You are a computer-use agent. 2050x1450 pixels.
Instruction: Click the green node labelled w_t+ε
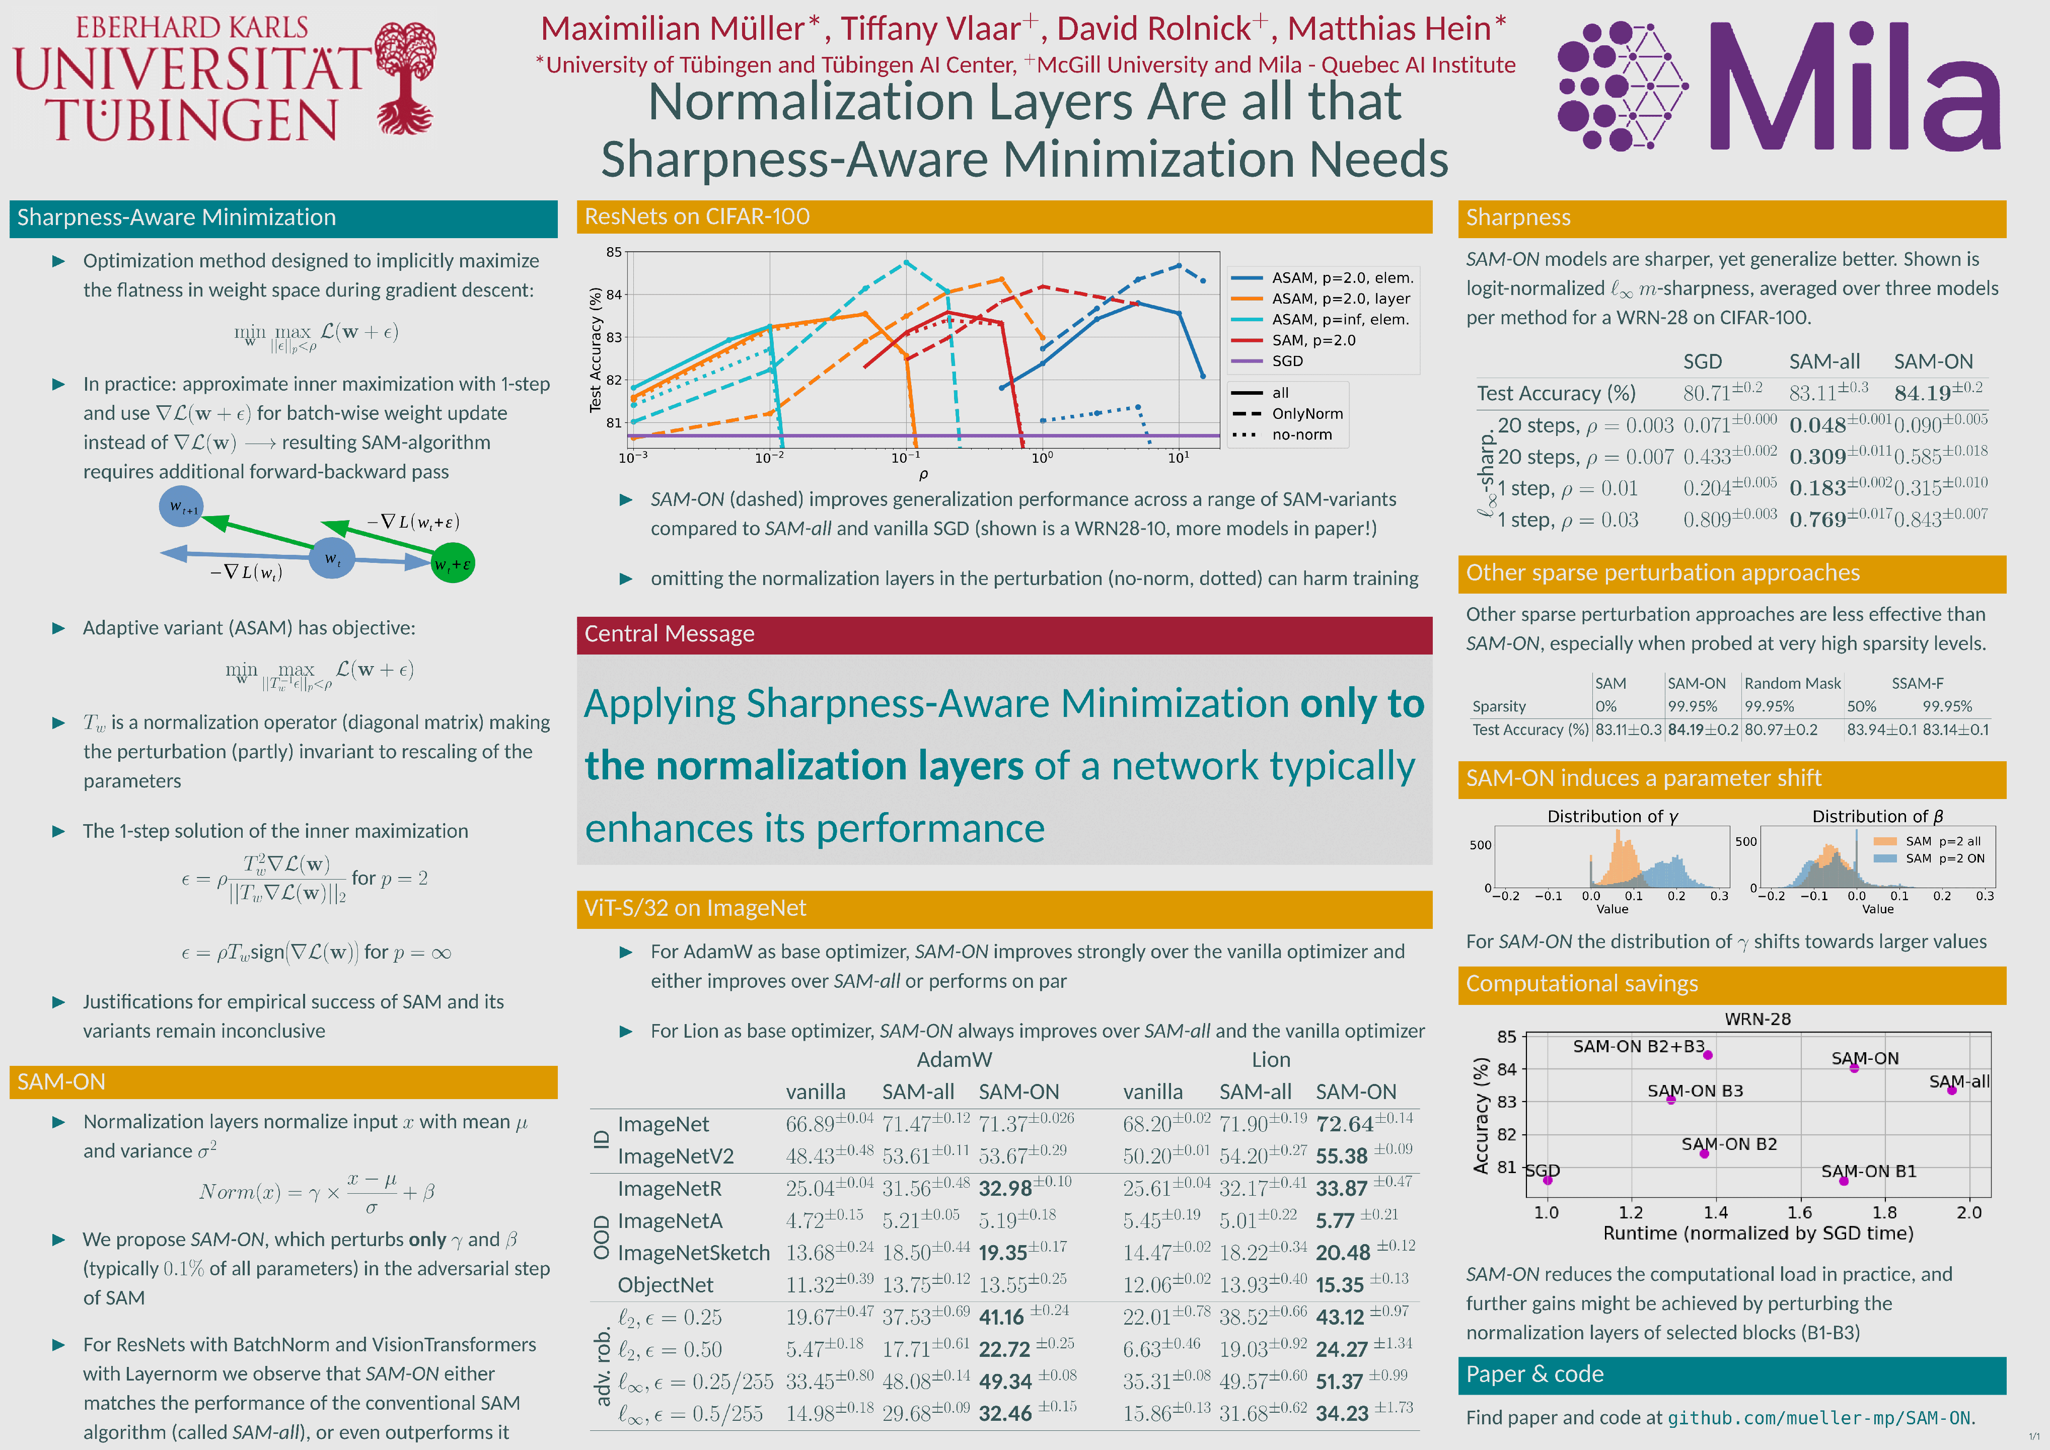pyautogui.click(x=453, y=563)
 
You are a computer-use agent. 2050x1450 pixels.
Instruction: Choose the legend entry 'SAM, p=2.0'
pyautogui.click(x=1312, y=340)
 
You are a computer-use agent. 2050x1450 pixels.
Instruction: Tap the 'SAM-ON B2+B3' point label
pyautogui.click(x=1638, y=1046)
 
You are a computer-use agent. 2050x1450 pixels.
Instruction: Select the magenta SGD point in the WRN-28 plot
pyautogui.click(x=1548, y=1180)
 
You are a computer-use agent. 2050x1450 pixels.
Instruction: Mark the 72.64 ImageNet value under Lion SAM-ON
pyautogui.click(x=1345, y=1124)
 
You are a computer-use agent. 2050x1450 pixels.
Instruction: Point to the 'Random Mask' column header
pyautogui.click(x=1792, y=683)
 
